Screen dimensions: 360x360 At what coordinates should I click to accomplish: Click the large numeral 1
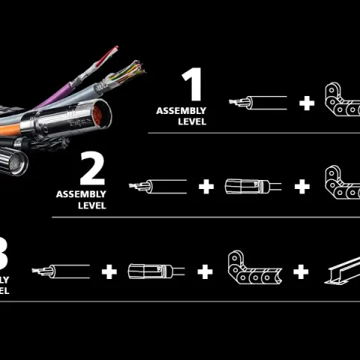(x=193, y=85)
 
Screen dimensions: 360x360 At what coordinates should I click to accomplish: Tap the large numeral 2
(x=92, y=169)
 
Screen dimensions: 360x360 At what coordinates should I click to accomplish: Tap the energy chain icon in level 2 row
(x=341, y=184)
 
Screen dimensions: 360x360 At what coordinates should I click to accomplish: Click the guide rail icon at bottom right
(x=341, y=270)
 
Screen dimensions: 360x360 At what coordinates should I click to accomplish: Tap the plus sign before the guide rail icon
(x=301, y=271)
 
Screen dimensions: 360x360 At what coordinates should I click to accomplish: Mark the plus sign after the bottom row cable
(x=109, y=271)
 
